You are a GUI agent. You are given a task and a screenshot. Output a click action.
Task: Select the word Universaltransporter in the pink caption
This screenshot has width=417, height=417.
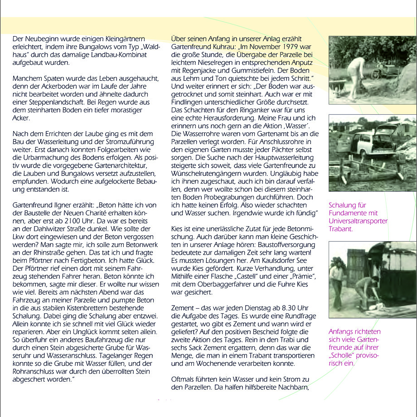[359, 221]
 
